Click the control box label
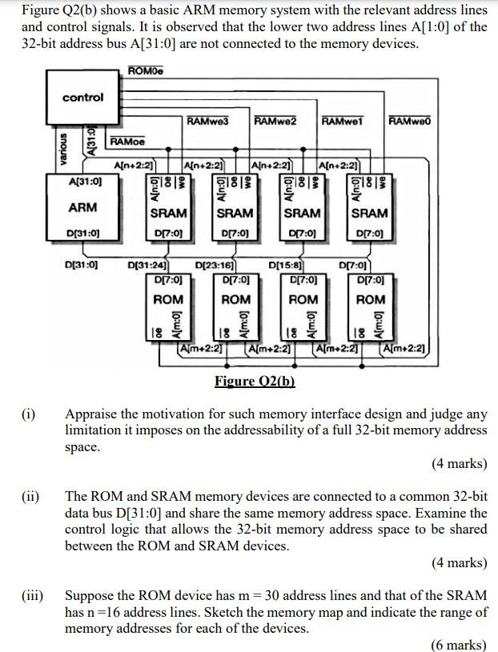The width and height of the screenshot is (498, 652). coord(83,98)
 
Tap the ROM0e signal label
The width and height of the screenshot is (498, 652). coord(146,73)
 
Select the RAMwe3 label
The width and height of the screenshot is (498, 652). coord(207,121)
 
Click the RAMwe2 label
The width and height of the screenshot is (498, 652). coord(275,121)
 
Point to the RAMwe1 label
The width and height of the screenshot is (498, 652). coord(343,121)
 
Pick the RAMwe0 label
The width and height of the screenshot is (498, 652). coord(410,121)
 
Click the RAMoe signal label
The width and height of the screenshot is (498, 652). coord(128,142)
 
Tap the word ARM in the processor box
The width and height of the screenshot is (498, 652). coord(83,207)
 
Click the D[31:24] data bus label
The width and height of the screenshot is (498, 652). coord(149,264)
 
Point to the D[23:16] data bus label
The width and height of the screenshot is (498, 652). coord(215,264)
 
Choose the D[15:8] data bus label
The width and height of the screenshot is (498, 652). coord(285,264)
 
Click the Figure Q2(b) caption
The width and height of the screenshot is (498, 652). coord(255,382)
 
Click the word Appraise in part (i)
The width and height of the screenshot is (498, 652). coord(92,414)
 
